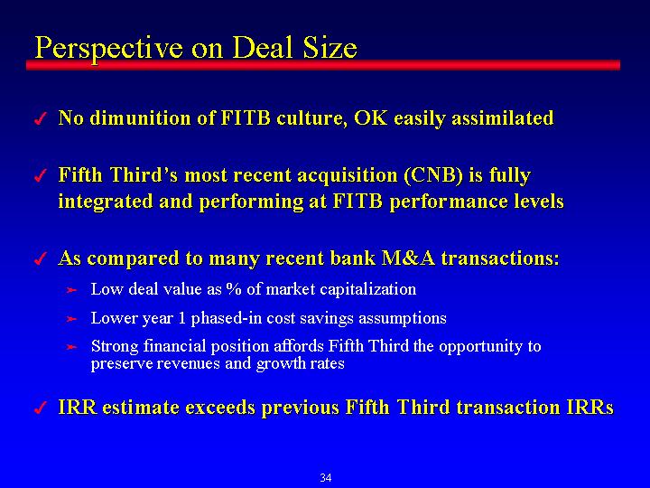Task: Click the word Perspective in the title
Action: click(x=109, y=49)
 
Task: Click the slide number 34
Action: click(x=326, y=478)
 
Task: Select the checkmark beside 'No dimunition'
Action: click(x=40, y=119)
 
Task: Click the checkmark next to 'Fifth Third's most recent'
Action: click(x=40, y=176)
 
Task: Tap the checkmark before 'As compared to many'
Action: click(x=40, y=259)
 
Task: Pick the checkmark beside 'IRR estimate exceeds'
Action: click(x=40, y=408)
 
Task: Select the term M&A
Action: click(x=408, y=258)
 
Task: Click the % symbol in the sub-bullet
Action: click(x=234, y=289)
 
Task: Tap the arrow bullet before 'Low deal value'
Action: click(x=71, y=290)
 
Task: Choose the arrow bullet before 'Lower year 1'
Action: click(x=71, y=319)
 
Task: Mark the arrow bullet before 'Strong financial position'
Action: click(x=71, y=347)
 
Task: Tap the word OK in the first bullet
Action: click(x=371, y=117)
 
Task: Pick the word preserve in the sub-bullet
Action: click(x=118, y=364)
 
